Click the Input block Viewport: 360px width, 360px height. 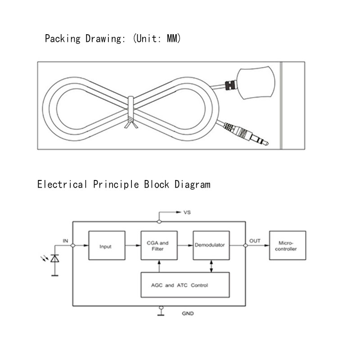[106, 246]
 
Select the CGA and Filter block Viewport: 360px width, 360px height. [158, 246]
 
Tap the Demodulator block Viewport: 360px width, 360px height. [211, 246]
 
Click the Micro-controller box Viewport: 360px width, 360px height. [288, 246]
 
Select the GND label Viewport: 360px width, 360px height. [188, 313]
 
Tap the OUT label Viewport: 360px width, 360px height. [255, 241]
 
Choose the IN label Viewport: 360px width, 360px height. [65, 241]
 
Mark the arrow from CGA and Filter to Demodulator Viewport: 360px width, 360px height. [184, 246]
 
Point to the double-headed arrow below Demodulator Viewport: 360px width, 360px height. [211, 265]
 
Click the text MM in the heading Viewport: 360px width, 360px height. [173, 39]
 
